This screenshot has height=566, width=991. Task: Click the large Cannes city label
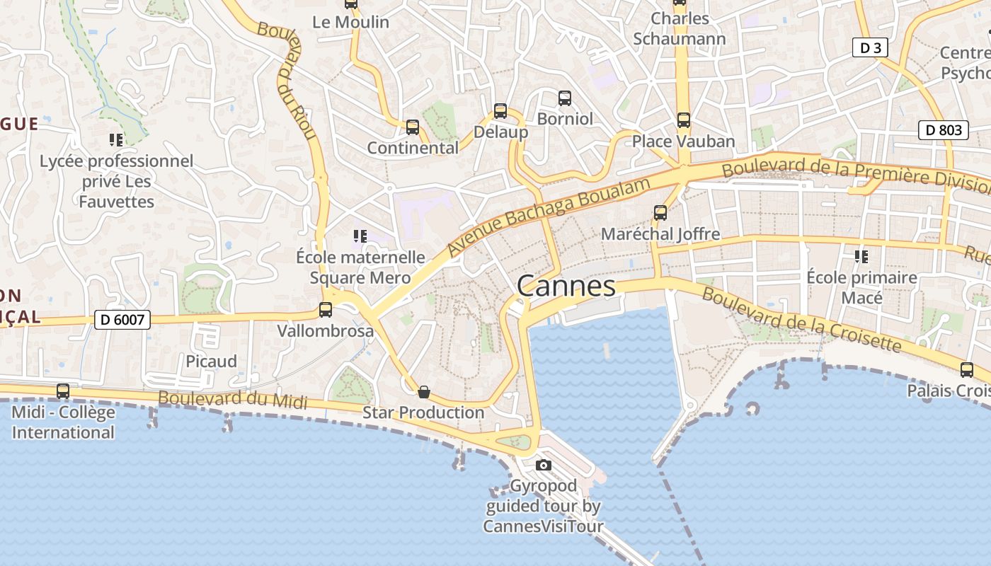[566, 287]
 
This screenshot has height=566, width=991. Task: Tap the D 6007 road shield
[122, 320]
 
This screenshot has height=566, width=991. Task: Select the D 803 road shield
[943, 130]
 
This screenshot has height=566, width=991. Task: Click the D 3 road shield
[870, 48]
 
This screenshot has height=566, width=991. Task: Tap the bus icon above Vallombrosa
[326, 309]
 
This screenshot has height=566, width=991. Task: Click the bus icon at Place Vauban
[683, 120]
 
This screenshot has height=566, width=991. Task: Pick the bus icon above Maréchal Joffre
[660, 212]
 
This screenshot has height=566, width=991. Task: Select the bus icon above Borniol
[564, 98]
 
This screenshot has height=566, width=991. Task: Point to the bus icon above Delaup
[500, 111]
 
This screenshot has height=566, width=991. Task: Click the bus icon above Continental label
[413, 127]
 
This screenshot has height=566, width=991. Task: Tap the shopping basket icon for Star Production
[424, 392]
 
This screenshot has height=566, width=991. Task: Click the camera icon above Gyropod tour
[543, 465]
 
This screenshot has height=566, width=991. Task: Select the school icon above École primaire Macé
[861, 256]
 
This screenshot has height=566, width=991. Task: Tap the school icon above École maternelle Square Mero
[360, 236]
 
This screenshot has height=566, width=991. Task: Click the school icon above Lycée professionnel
[116, 140]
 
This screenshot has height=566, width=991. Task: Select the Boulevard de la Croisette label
[801, 320]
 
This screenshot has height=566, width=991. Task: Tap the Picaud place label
[211, 362]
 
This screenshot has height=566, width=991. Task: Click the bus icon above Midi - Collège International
[63, 391]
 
